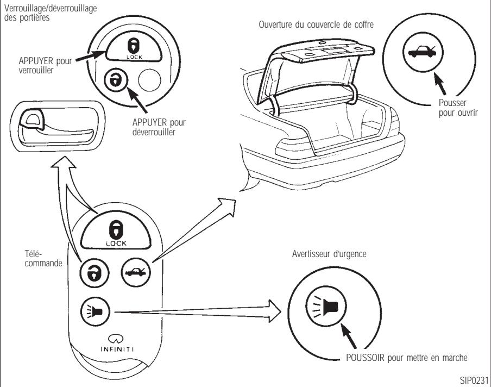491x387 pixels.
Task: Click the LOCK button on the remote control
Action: (117, 230)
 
